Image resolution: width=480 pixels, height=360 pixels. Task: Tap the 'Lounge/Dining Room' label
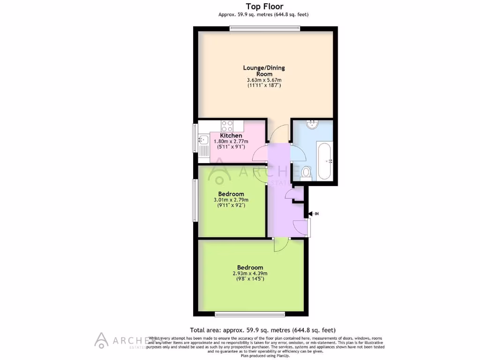coord(263,71)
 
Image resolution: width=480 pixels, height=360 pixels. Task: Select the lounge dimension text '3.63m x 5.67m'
coord(263,80)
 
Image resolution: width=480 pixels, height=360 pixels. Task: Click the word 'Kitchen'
coord(231,135)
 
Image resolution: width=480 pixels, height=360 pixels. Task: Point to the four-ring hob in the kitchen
coord(227,126)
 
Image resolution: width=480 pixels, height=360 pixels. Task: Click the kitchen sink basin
coord(203,140)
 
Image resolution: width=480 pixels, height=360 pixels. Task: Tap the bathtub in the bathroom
coord(324,161)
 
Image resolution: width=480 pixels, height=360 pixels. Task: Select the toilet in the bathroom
coord(306,172)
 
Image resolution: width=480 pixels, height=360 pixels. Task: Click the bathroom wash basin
coord(312,124)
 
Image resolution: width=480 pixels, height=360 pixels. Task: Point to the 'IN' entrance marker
coord(316,214)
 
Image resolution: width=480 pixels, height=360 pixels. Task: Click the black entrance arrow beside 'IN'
coord(310,214)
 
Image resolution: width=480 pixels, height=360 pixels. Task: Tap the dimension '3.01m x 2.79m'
coord(231,200)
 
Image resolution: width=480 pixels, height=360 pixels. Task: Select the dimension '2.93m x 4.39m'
coord(250,274)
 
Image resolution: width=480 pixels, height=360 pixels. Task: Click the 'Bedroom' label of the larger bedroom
coord(250,268)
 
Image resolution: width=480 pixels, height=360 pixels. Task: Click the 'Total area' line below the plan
coord(262,330)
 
